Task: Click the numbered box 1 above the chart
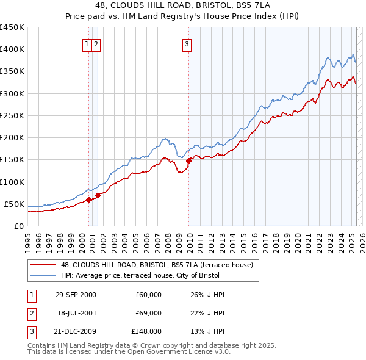[x=87, y=43]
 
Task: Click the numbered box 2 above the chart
[x=96, y=43]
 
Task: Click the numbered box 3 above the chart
[x=187, y=43]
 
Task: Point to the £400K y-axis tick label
[x=12, y=49]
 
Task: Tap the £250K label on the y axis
[x=12, y=115]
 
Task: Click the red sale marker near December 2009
[x=189, y=160]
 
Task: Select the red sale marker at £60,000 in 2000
[x=89, y=199]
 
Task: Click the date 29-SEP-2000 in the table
[x=76, y=295]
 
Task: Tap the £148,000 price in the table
[x=147, y=331]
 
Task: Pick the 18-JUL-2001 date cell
[x=76, y=313]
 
